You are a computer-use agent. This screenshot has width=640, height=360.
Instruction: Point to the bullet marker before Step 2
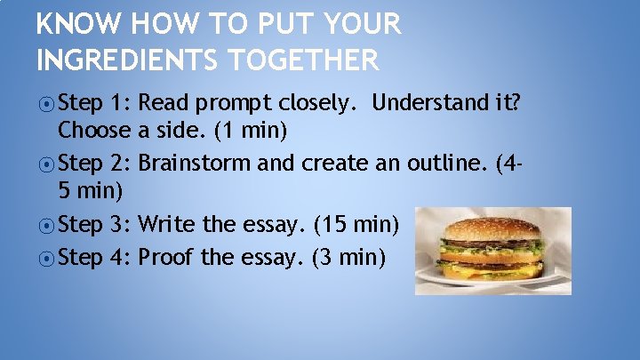[x=46, y=164]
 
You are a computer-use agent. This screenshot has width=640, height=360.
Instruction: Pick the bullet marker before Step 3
[x=46, y=224]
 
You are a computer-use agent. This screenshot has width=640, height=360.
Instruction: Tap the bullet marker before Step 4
[x=46, y=258]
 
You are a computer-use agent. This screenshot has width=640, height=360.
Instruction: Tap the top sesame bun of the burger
[x=492, y=228]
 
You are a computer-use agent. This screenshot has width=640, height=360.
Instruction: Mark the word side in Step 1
[x=176, y=131]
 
